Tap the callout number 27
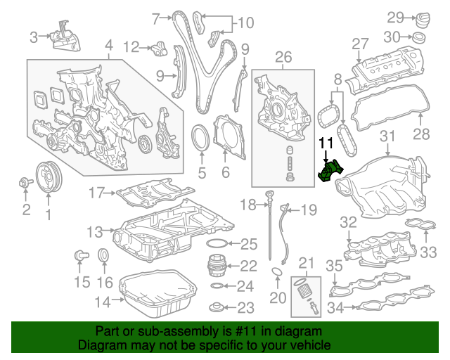(x=361, y=44)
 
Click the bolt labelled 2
(x=27, y=184)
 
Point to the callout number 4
(x=108, y=49)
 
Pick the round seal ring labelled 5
(x=201, y=135)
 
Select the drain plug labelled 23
(x=218, y=307)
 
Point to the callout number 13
(x=95, y=231)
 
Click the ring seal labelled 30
(x=419, y=37)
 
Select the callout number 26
(x=283, y=56)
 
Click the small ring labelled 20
(x=278, y=273)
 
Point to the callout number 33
(x=429, y=252)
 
